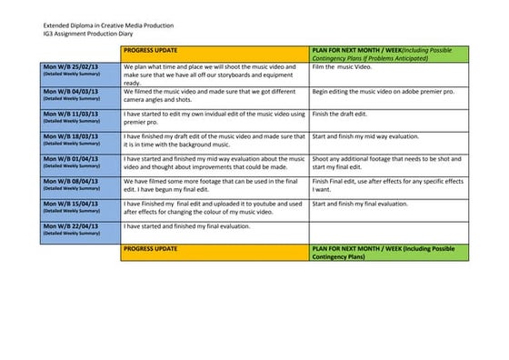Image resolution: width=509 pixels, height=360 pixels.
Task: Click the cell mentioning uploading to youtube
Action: click(215, 209)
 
